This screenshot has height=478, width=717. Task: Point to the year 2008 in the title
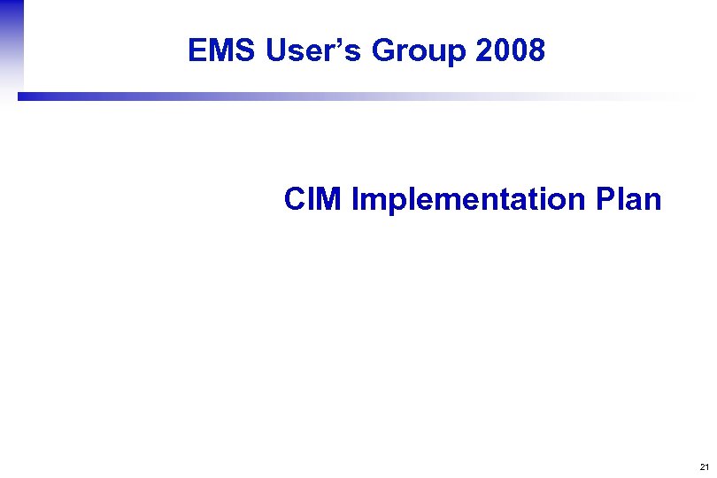510,51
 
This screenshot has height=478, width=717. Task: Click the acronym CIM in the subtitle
313,199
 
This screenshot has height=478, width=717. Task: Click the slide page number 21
703,466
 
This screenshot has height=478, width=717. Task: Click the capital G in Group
383,51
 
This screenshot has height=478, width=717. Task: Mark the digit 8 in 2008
536,51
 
